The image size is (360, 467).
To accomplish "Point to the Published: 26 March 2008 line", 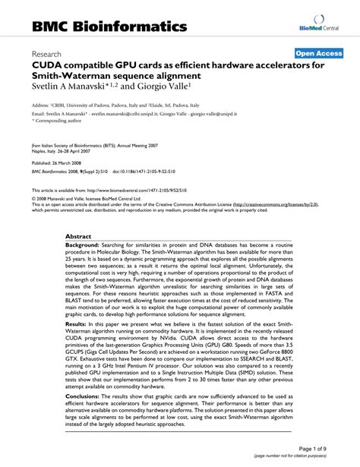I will click(x=58, y=164).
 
